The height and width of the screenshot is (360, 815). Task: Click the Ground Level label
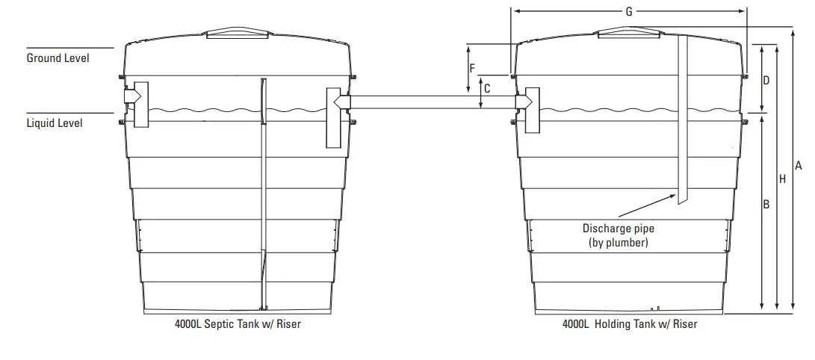coord(58,58)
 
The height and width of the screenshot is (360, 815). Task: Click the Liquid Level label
coord(55,122)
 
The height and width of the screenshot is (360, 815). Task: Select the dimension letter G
coord(628,11)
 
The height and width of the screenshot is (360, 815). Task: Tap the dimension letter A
coord(798,165)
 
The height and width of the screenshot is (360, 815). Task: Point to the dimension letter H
coord(782,179)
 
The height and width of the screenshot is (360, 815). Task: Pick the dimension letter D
coord(766,79)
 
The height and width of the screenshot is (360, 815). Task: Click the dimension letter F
coord(472,68)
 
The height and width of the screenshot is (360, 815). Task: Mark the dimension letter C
coord(487,88)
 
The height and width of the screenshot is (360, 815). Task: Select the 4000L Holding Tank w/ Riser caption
coord(630,325)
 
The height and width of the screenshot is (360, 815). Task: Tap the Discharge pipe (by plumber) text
coord(618,235)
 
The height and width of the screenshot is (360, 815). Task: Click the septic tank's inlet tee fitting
coord(137,104)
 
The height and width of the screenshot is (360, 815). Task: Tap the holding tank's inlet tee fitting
coord(530,109)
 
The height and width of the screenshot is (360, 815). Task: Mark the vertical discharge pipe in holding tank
coord(682,120)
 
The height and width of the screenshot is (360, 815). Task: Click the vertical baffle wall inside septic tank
coord(263,194)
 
